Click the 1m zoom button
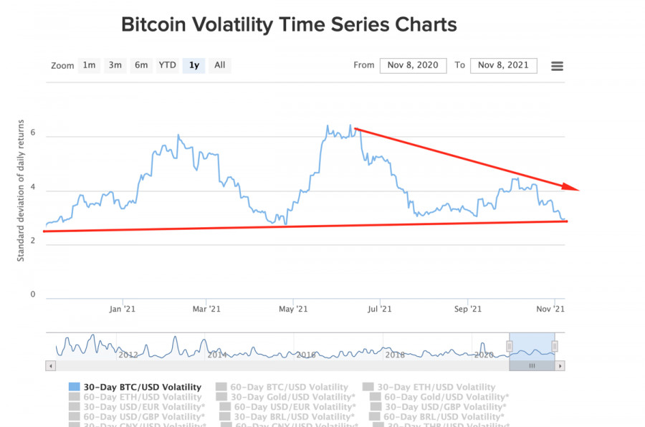pyautogui.click(x=89, y=65)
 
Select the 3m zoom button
pyautogui.click(x=115, y=65)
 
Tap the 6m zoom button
pyautogui.click(x=141, y=65)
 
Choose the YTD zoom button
pyautogui.click(x=167, y=65)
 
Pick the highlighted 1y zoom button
pyautogui.click(x=193, y=65)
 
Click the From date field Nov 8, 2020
pyautogui.click(x=413, y=65)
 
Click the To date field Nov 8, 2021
pyautogui.click(x=503, y=65)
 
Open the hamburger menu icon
pyautogui.click(x=557, y=66)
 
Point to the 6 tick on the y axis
pyautogui.click(x=33, y=136)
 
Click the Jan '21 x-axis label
pyautogui.click(x=122, y=309)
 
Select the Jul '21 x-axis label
pyautogui.click(x=379, y=309)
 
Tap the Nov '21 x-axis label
pyautogui.click(x=550, y=309)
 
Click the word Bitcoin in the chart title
pyautogui.click(x=154, y=25)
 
